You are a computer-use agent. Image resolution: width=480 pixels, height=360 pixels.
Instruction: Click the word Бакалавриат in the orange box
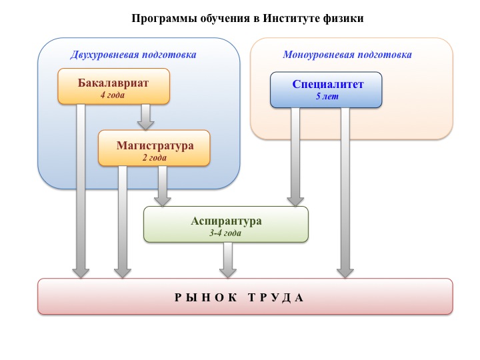113,83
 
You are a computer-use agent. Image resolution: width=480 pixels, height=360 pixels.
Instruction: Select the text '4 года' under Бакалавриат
113,95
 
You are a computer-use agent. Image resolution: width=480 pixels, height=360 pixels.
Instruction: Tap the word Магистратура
155,145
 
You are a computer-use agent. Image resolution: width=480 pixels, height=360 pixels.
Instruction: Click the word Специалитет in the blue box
326,83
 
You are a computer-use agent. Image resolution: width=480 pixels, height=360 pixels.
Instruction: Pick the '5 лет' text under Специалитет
326,96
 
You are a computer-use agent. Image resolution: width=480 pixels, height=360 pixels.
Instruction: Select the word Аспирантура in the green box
226,221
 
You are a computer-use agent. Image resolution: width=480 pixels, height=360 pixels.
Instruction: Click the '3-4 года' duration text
225,233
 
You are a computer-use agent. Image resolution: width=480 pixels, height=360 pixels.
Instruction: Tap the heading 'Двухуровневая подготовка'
133,55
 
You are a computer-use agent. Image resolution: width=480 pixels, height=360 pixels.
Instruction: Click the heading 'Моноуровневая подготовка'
347,55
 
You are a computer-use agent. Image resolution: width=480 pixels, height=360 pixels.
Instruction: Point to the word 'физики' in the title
347,18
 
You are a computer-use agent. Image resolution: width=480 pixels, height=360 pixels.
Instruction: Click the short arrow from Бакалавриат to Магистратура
145,117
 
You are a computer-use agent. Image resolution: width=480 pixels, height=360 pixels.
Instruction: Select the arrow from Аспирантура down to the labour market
228,259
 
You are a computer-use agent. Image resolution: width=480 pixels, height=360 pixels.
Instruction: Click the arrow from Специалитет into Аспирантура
295,157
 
